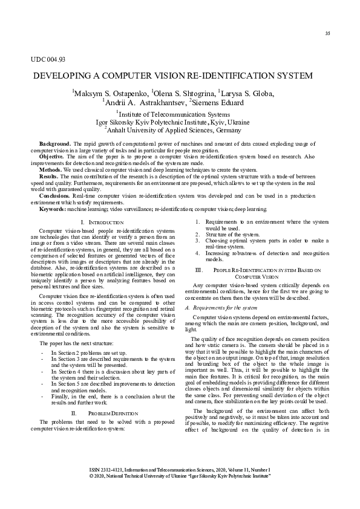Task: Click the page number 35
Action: point(327,33)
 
